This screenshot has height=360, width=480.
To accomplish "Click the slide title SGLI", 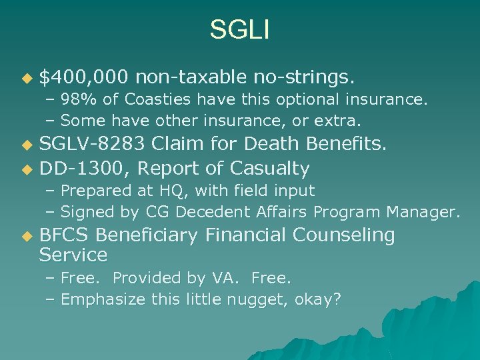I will tap(239, 29).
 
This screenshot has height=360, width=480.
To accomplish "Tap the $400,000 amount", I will tap(83, 77).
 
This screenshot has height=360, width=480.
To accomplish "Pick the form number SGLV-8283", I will tap(93, 143).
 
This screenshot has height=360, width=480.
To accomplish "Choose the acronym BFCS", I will tap(65, 235).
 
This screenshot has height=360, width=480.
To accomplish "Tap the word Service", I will tap(73, 255).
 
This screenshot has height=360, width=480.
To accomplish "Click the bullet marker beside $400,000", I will tap(26, 79).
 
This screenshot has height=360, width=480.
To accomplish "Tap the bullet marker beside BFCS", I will tap(26, 237).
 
